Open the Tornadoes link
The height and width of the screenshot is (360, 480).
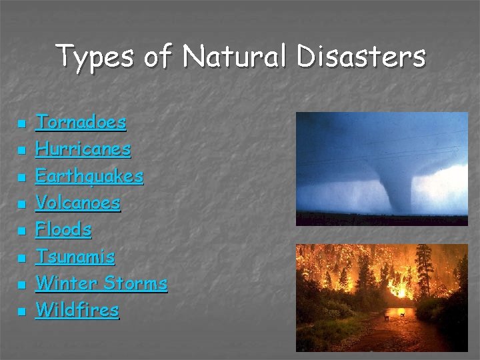tap(81, 122)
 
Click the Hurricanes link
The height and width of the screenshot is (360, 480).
tap(83, 149)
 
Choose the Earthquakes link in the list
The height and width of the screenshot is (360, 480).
tap(89, 176)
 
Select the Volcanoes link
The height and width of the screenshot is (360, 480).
tap(77, 203)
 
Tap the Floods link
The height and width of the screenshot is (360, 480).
tap(63, 230)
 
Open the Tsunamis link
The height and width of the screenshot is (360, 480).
tap(75, 257)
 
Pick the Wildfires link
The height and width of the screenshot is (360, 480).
tap(77, 310)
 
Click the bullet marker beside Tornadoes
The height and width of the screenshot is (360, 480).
tap(21, 124)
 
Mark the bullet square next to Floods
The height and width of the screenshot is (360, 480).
tap(21, 231)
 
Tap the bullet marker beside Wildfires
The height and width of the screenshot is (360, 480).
tap(21, 312)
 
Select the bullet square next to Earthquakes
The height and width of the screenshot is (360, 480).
tap(21, 178)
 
